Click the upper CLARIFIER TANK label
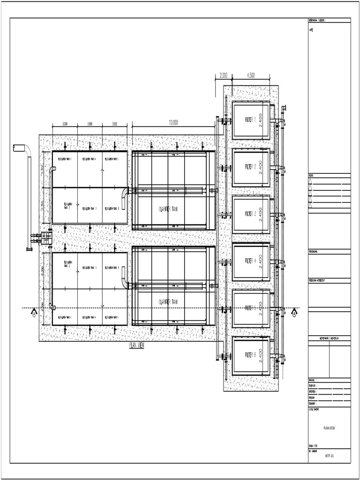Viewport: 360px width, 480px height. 168,210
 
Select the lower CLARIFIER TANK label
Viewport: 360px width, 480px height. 168,302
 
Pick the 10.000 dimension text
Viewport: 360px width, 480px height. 173,122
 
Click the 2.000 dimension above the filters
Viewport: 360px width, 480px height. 223,75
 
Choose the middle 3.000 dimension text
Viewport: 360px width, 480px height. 90,124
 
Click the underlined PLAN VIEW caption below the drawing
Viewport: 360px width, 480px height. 137,345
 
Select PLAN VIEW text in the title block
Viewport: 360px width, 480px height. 329,428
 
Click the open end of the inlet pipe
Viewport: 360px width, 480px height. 15,148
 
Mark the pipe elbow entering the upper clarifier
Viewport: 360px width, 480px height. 125,192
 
